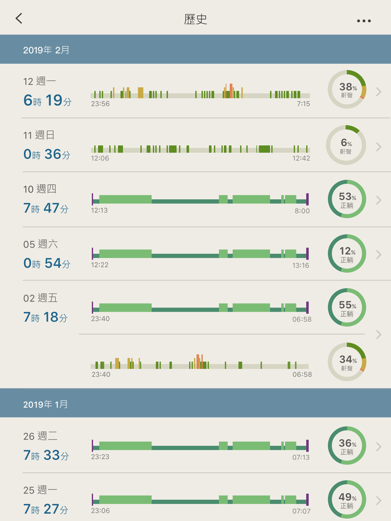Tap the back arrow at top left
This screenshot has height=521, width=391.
click(19, 18)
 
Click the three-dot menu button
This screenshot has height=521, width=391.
click(364, 21)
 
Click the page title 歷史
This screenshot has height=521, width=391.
click(195, 19)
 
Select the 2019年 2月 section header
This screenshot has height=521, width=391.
click(46, 50)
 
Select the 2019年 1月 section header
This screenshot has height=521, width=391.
click(45, 404)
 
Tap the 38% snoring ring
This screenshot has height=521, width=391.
click(347, 89)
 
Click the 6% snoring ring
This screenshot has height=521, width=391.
click(346, 145)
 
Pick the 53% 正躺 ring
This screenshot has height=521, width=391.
click(347, 199)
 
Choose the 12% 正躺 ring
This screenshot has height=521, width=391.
click(347, 253)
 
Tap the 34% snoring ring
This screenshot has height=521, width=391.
click(347, 362)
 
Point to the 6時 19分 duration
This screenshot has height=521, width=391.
click(48, 100)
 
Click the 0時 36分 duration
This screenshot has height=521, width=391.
click(47, 154)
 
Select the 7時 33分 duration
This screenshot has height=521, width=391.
click(46, 455)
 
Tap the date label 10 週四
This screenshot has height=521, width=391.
click(40, 189)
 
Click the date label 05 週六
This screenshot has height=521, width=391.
click(41, 244)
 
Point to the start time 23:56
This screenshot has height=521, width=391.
click(100, 104)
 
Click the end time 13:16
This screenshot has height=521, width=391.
click(300, 266)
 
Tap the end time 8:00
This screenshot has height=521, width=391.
click(302, 211)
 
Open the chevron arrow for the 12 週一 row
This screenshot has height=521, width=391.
click(378, 92)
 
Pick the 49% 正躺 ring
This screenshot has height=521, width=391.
click(347, 500)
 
